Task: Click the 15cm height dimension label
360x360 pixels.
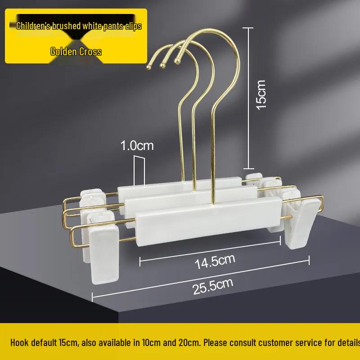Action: [261, 95]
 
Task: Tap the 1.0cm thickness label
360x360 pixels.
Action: [137, 145]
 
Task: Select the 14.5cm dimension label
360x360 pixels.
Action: [215, 261]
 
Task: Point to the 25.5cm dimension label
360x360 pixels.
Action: [213, 286]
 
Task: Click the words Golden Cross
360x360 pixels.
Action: [76, 52]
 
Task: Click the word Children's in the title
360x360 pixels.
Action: [33, 26]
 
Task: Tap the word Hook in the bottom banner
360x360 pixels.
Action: [19, 342]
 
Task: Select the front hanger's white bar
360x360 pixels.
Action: [208, 221]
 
